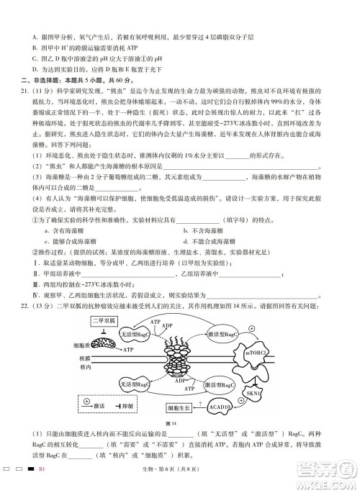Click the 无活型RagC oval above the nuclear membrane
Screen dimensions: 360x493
pos(135,335)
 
